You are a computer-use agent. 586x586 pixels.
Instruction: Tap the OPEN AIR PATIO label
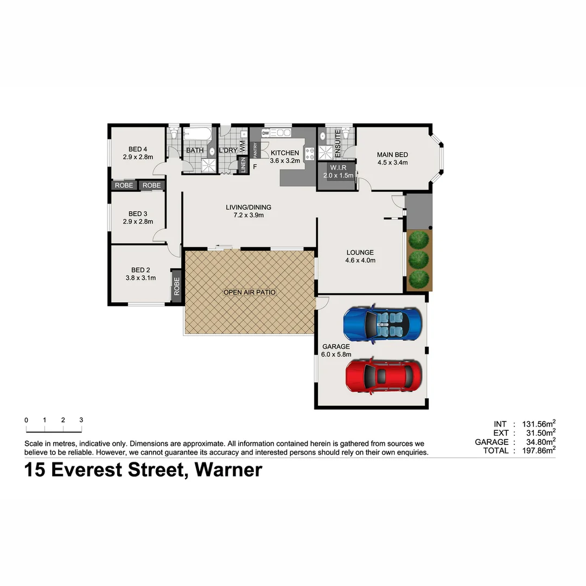click(x=250, y=292)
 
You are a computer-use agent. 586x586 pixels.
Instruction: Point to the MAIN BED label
click(x=392, y=155)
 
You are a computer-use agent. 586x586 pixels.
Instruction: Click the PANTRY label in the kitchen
click(x=254, y=149)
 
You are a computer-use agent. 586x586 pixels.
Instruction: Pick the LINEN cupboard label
click(x=243, y=167)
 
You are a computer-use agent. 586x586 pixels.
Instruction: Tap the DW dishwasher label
click(x=266, y=133)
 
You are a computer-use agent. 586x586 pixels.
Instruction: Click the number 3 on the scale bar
click(x=81, y=420)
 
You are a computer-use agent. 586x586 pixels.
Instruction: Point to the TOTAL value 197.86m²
click(x=537, y=450)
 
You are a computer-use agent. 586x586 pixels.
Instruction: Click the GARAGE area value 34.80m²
click(x=537, y=442)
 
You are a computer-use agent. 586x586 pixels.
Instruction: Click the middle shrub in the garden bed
click(x=419, y=259)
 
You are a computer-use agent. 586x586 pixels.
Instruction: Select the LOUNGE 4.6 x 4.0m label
click(x=360, y=256)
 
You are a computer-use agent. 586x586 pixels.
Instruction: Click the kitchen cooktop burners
click(x=310, y=154)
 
